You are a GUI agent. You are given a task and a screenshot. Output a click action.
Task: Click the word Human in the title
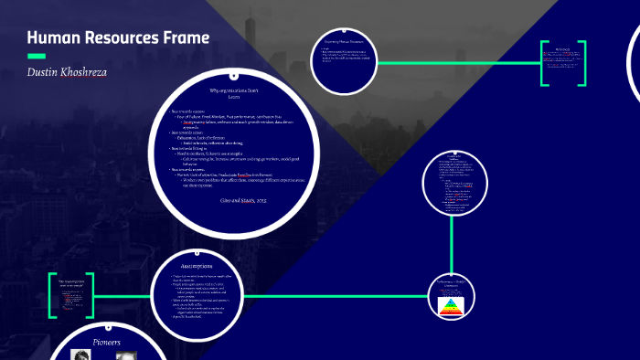point(54,37)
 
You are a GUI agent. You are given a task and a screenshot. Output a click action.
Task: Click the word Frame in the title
point(187,37)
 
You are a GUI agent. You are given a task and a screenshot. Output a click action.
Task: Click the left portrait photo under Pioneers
point(80,355)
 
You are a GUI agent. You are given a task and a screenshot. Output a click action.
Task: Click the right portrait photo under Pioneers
point(126,355)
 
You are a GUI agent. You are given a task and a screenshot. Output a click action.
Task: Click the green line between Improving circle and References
point(457,63)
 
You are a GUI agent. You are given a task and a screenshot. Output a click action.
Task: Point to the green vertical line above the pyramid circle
point(452,247)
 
